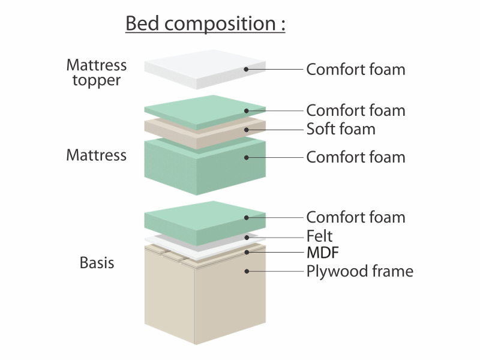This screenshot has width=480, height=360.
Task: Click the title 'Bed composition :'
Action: click(205, 23)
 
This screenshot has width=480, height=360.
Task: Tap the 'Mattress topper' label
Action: click(97, 73)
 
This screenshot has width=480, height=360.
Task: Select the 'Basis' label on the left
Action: click(97, 263)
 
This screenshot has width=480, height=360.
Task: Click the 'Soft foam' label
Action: click(341, 129)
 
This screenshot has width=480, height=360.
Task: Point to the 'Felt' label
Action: click(319, 236)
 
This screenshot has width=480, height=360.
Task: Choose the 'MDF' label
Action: click(323, 253)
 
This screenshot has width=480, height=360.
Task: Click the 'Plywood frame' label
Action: click(359, 272)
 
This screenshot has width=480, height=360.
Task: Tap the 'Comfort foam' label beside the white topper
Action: click(356, 70)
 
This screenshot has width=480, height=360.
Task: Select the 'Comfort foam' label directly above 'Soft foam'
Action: click(356, 110)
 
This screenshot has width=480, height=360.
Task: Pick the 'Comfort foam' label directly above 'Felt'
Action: click(356, 217)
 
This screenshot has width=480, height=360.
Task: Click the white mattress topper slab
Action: click(205, 69)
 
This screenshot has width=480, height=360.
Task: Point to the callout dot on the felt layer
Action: click(247, 238)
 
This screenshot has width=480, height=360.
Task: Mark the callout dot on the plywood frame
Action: click(247, 271)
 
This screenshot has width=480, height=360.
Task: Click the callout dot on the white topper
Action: click(246, 70)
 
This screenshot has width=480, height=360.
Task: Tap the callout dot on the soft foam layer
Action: click(247, 130)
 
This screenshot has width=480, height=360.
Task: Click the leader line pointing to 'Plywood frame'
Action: click(275, 271)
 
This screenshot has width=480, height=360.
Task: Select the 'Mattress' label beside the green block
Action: click(97, 155)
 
